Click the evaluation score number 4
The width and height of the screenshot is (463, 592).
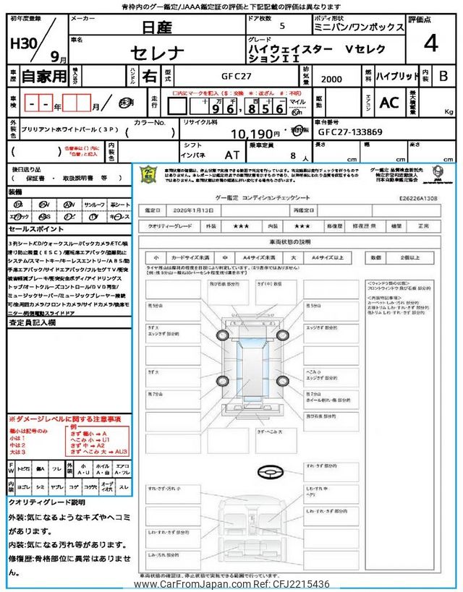[430, 44]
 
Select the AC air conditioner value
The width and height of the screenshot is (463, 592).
[389, 103]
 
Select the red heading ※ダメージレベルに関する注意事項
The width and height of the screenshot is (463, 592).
[64, 419]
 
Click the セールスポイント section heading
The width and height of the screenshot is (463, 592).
[34, 228]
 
